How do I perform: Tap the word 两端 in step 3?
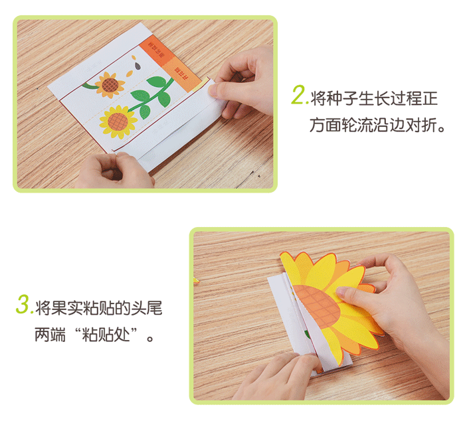[50, 334]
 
